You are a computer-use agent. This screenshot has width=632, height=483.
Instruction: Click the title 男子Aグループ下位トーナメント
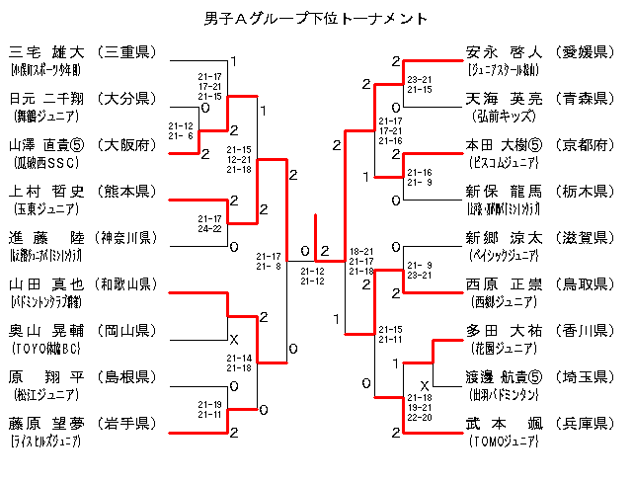point(315,19)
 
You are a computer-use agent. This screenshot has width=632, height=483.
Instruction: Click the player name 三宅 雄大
point(46,51)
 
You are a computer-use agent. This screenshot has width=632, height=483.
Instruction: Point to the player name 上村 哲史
point(46,191)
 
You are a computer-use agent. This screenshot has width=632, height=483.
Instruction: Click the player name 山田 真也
point(46,284)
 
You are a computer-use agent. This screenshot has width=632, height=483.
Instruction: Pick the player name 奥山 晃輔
point(46,331)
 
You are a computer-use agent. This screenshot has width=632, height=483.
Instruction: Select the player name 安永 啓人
point(504,51)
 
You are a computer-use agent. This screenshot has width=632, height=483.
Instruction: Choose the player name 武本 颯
point(504,424)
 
